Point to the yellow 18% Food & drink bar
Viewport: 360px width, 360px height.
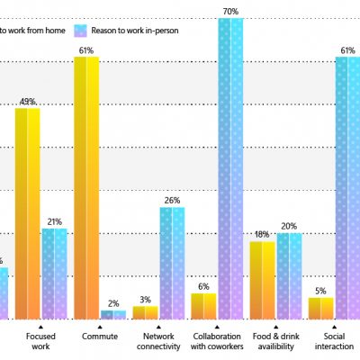tap(262, 280)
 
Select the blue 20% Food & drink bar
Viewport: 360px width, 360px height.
tap(289, 275)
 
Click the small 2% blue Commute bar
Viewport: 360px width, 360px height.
tap(113, 315)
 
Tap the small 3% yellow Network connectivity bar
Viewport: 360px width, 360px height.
tap(145, 312)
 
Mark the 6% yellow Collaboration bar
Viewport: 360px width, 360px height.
tap(203, 306)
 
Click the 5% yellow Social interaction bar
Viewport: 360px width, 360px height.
tap(321, 308)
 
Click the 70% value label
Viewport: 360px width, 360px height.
tap(230, 12)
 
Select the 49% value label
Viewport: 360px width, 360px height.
tap(27, 101)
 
